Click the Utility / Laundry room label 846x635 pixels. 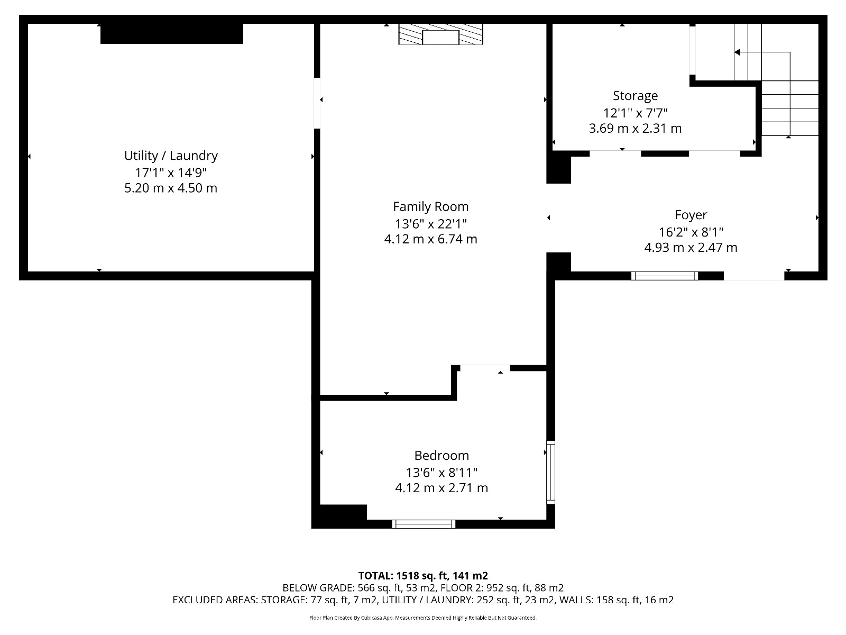coord(171,156)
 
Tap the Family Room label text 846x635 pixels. coord(430,207)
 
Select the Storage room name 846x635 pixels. coord(635,96)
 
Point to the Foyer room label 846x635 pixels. coord(691,215)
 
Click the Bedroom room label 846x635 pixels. coord(442,455)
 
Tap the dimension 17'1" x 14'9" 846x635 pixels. coord(171,173)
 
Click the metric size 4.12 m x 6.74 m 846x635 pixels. coord(430,239)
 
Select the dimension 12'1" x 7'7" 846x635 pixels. coord(635,113)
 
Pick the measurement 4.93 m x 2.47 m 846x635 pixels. coord(691,247)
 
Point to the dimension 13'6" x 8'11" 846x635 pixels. coord(442,473)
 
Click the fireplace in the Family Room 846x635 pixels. coord(440,34)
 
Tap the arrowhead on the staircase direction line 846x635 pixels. coord(737,52)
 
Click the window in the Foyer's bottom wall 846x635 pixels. coord(665,276)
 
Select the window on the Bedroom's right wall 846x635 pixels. coord(551,473)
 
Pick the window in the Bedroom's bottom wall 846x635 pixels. coord(424,524)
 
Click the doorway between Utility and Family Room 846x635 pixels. coord(317,103)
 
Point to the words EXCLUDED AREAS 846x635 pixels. coord(215,600)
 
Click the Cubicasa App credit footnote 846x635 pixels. coord(423,618)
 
